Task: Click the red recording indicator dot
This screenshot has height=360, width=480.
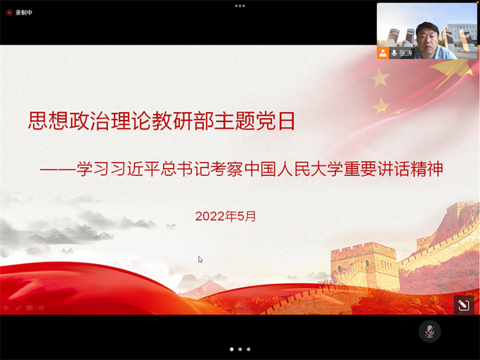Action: tap(9, 13)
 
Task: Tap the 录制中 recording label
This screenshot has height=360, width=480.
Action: tap(24, 13)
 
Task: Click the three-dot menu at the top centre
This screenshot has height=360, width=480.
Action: tap(240, 6)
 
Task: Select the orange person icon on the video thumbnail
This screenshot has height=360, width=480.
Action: tap(383, 53)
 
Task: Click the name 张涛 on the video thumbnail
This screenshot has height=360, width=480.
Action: tap(406, 53)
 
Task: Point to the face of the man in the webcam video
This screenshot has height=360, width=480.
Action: tap(427, 38)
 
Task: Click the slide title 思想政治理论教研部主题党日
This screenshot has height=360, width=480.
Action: tap(161, 121)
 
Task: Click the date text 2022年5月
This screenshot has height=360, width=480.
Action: tap(225, 216)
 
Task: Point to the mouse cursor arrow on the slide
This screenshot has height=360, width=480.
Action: tap(200, 259)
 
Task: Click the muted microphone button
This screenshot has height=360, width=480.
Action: tap(429, 331)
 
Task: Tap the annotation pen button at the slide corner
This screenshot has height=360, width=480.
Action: tap(464, 305)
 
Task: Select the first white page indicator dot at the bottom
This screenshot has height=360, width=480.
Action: tap(232, 349)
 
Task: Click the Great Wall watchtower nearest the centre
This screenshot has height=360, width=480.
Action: tap(364, 267)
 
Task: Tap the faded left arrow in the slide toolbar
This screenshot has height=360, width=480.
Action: tap(6, 307)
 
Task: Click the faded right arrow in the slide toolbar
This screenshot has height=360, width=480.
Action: tap(41, 307)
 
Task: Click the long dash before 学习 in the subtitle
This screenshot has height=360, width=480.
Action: tap(57, 169)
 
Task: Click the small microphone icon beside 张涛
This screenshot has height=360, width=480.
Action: tap(394, 53)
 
